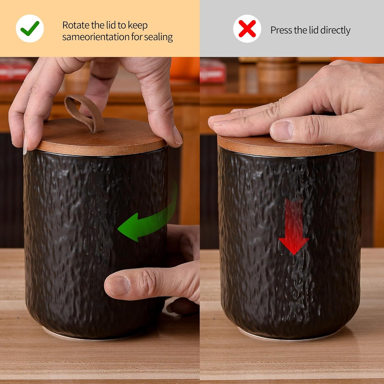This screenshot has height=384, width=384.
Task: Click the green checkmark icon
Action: pyautogui.click(x=30, y=28)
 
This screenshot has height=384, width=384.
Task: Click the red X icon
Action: pyautogui.click(x=247, y=29)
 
